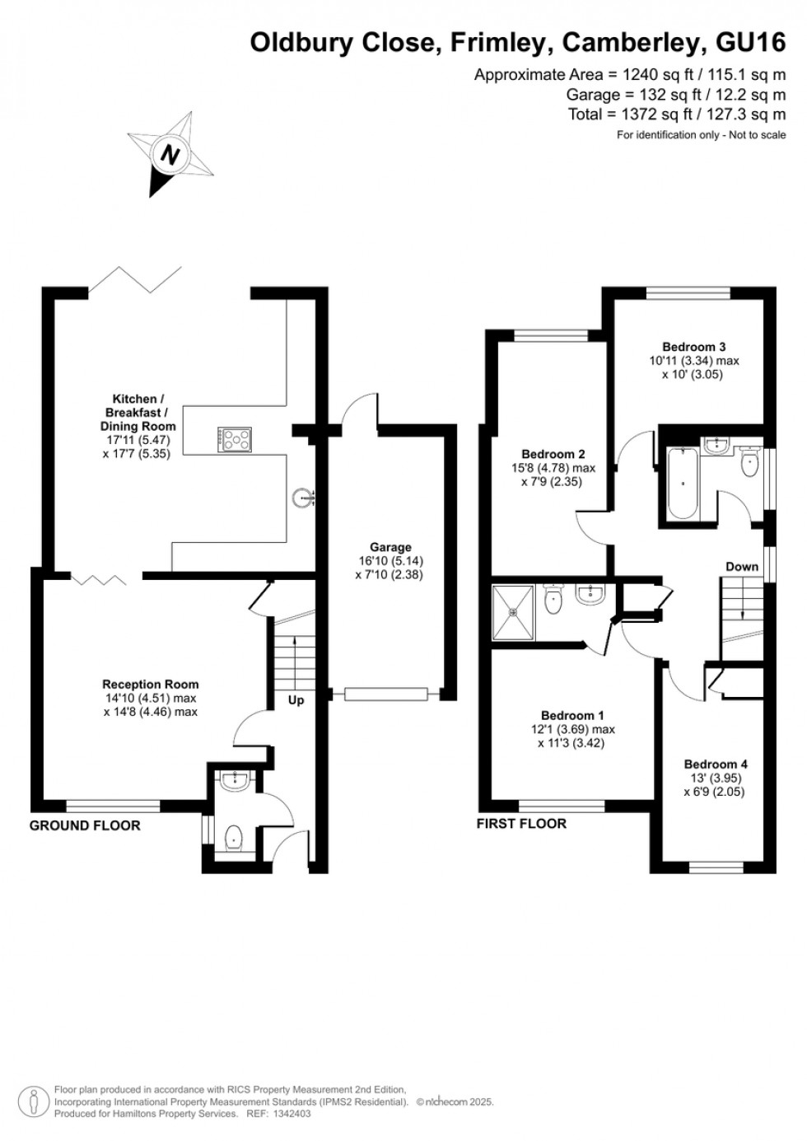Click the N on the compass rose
click(171, 155)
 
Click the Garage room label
click(390, 547)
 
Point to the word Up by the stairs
click(296, 699)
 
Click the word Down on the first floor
click(741, 566)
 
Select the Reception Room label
click(150, 684)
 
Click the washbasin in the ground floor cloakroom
click(235, 780)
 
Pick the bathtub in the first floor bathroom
click(682, 484)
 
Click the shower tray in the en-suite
click(514, 612)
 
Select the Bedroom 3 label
click(693, 347)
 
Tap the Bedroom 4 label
click(715, 764)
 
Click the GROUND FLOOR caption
click(85, 825)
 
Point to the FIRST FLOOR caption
click(521, 823)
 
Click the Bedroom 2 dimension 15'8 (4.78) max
click(553, 468)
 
